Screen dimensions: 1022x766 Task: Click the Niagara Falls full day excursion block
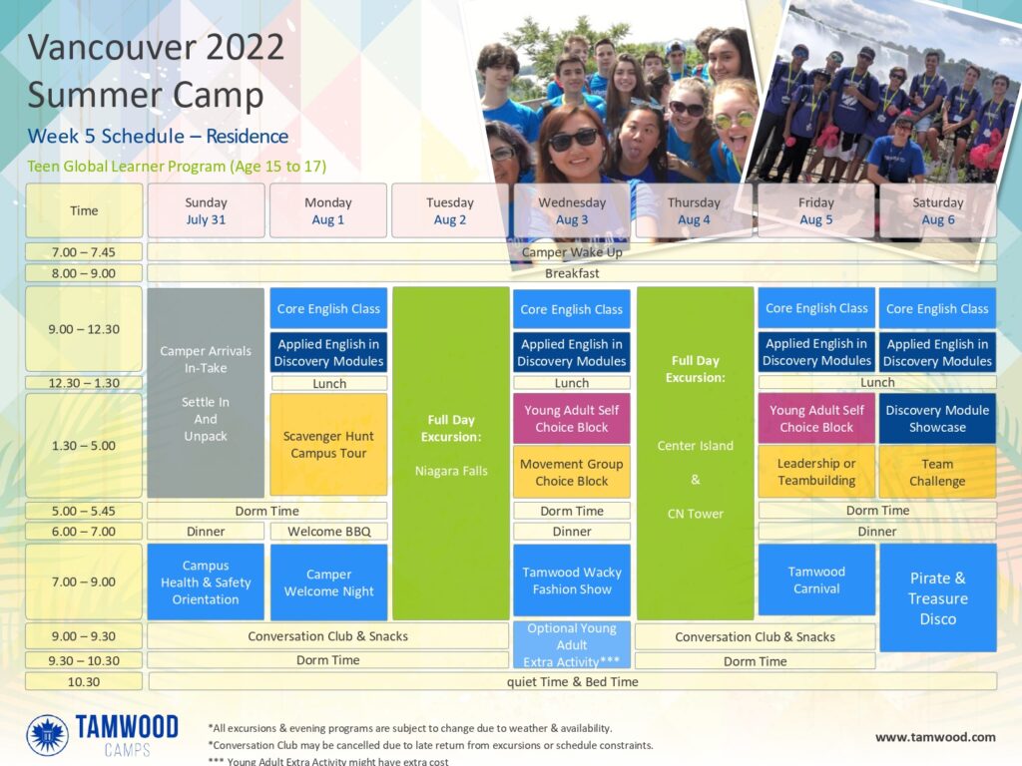tap(450, 454)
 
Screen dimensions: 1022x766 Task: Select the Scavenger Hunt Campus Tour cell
tap(328, 444)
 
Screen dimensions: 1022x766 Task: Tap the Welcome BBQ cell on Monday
tap(328, 532)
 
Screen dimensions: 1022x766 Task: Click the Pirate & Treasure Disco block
tap(938, 598)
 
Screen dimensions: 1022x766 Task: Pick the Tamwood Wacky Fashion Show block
tap(572, 580)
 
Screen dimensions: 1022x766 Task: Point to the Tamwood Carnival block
tap(816, 579)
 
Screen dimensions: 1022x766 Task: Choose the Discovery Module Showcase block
tap(937, 418)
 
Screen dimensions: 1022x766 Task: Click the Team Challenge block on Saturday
tap(937, 472)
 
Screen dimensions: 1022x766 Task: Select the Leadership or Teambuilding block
tap(816, 472)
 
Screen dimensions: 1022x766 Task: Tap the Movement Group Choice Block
tap(572, 472)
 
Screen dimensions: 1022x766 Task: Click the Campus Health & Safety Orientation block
tap(206, 581)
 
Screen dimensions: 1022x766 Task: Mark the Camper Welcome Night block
tap(328, 582)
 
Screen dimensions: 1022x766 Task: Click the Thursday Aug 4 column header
tap(694, 210)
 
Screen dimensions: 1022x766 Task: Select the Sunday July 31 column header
tap(206, 210)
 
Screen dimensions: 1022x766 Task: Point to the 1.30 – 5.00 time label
tap(84, 446)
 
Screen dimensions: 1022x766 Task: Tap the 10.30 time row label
tap(84, 682)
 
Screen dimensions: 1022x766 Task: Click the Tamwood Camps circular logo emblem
tap(47, 735)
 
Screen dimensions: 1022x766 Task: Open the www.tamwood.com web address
tap(935, 737)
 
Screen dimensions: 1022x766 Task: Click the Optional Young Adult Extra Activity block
tap(572, 645)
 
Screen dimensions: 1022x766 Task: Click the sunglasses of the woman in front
tap(574, 140)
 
